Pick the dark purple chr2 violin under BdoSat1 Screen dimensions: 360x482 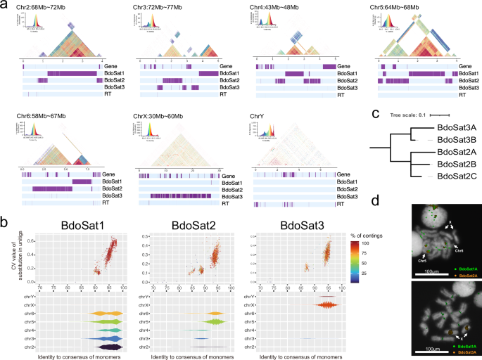click(x=106, y=347)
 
